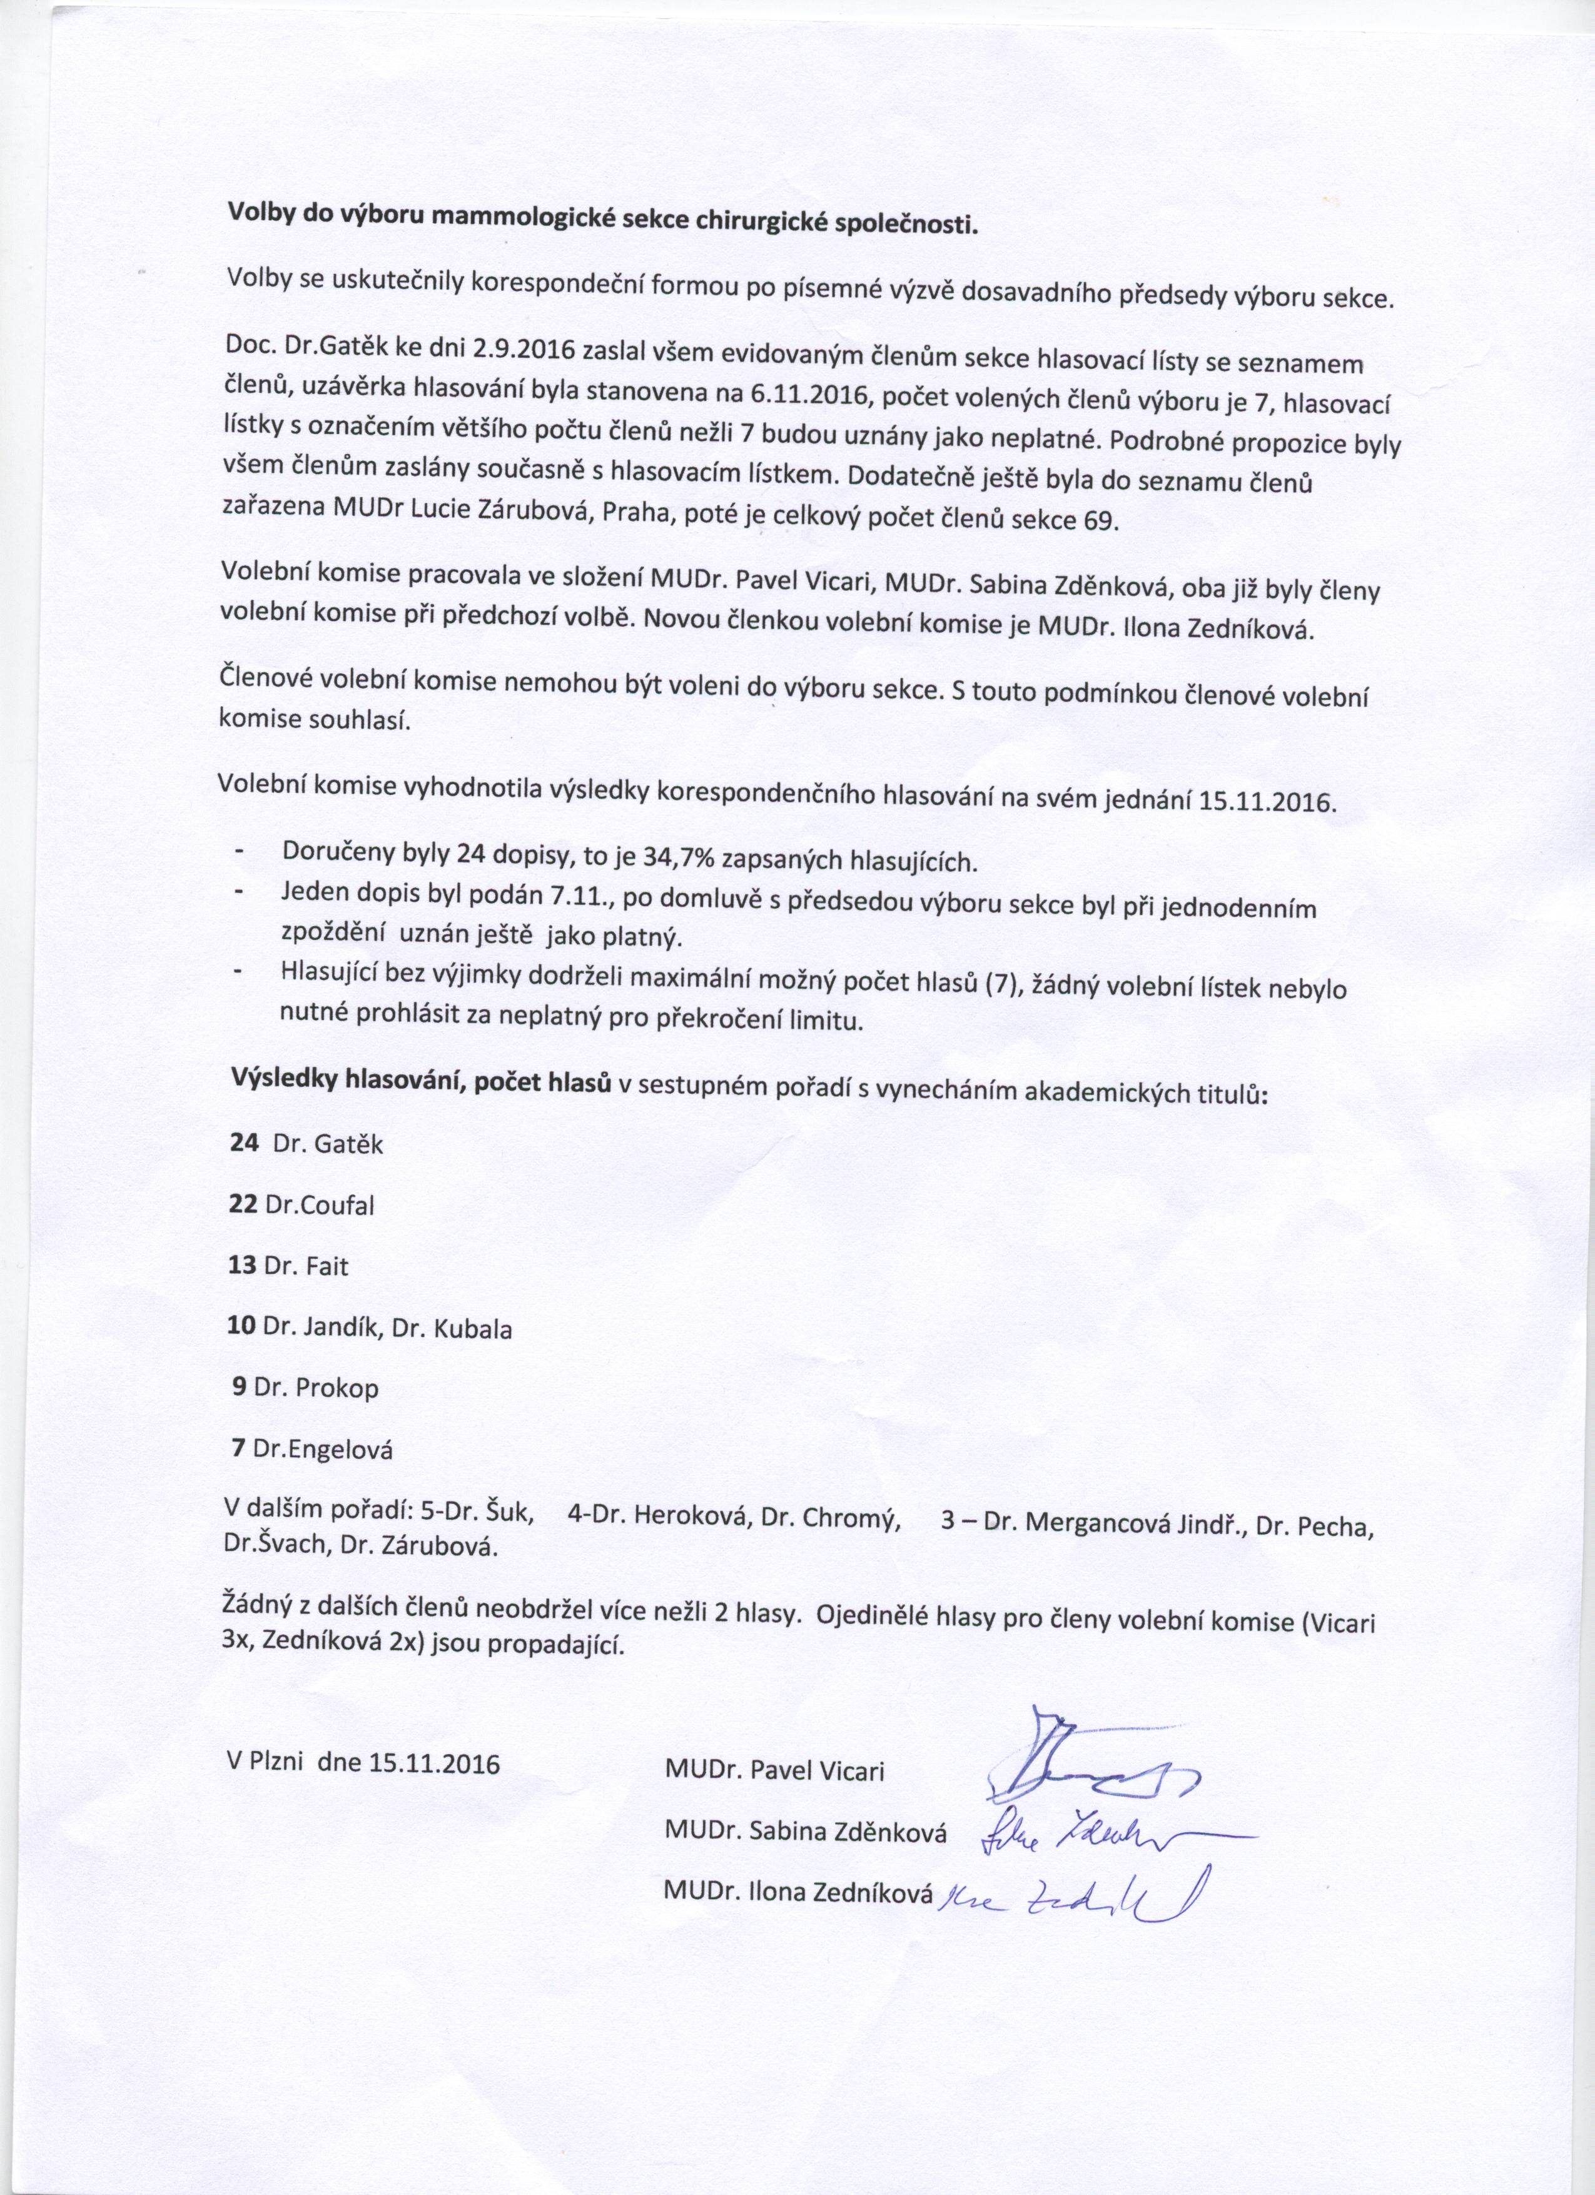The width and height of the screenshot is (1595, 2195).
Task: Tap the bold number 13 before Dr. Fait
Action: (x=242, y=1266)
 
